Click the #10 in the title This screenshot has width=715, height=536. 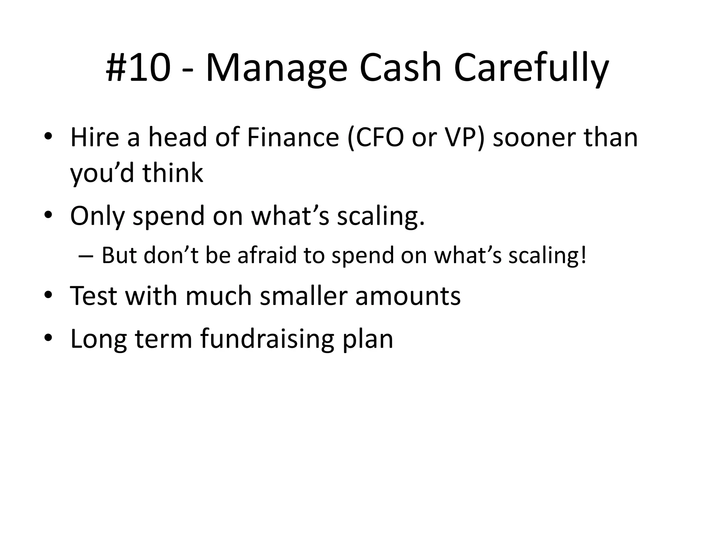pyautogui.click(x=138, y=68)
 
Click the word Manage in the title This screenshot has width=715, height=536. pyautogui.click(x=276, y=68)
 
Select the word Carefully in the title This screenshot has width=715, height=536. pyautogui.click(x=531, y=68)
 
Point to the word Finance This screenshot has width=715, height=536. pyautogui.click(x=293, y=137)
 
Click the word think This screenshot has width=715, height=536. pyautogui.click(x=173, y=173)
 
